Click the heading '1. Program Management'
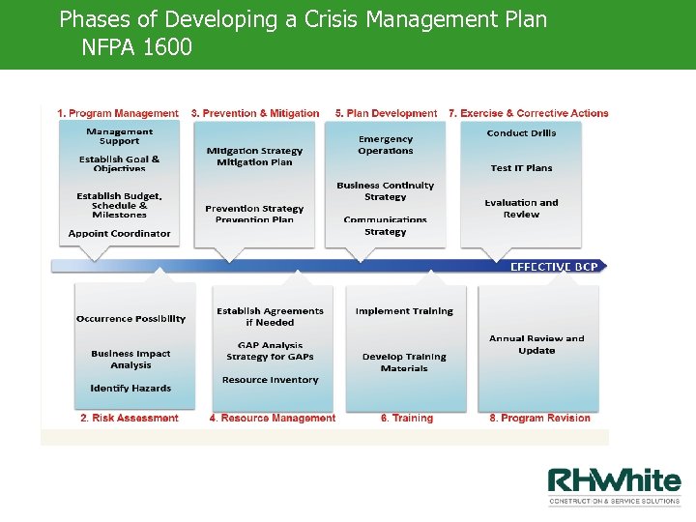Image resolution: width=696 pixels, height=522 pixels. pyautogui.click(x=117, y=113)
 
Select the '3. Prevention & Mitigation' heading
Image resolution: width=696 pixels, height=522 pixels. pyautogui.click(x=255, y=113)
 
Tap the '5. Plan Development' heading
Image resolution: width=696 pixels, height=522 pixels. pyautogui.click(x=386, y=113)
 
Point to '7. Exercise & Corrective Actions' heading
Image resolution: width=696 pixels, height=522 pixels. pyautogui.click(x=528, y=113)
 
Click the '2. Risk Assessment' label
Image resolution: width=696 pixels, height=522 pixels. pyautogui.click(x=129, y=419)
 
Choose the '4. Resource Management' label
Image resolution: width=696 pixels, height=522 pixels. pyautogui.click(x=272, y=419)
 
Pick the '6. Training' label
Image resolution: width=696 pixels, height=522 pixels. pyautogui.click(x=406, y=419)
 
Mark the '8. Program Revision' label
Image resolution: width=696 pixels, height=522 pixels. pyautogui.click(x=539, y=419)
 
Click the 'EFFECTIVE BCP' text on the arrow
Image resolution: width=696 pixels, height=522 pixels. pyautogui.click(x=553, y=266)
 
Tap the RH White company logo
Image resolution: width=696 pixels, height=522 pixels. pyautogui.click(x=614, y=485)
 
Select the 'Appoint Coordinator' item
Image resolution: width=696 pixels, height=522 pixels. pyautogui.click(x=119, y=234)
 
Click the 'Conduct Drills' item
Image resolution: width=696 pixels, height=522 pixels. pyautogui.click(x=521, y=133)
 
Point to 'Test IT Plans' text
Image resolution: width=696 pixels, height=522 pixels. pyautogui.click(x=521, y=168)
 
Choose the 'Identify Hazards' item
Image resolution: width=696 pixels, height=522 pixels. pyautogui.click(x=130, y=389)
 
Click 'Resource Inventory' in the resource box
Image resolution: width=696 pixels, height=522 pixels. pyautogui.click(x=270, y=380)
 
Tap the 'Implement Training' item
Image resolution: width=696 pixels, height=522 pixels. pyautogui.click(x=404, y=311)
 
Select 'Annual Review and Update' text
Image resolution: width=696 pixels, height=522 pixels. pyautogui.click(x=536, y=344)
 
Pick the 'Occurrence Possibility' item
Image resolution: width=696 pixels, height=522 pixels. pyautogui.click(x=130, y=319)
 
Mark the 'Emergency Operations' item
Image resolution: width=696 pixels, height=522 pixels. pyautogui.click(x=386, y=145)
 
